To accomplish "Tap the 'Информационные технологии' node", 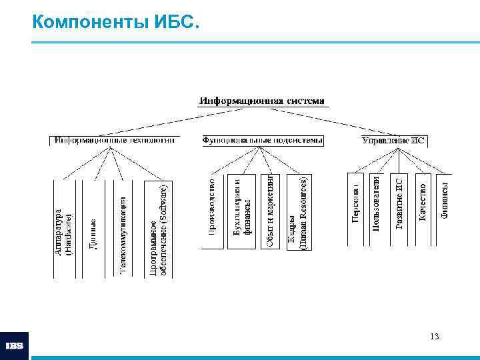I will pos(115,141).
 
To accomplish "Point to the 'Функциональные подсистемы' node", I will pos(263,141).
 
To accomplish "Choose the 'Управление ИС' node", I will pos(393,141).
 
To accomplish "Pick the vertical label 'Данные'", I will pos(94,234).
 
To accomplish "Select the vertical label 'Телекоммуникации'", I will pos(123,233).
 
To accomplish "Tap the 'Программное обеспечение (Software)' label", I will pos(158,230).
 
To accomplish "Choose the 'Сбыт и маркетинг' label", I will pos(270,211).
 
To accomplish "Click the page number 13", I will pos(435,336).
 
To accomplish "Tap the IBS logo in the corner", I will pos(15,346).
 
